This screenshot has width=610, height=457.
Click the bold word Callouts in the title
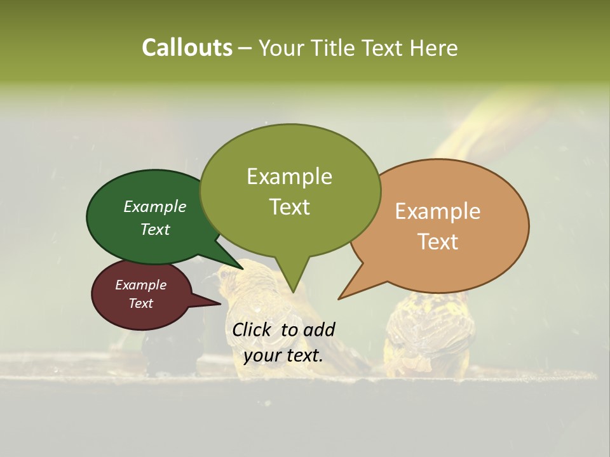coord(187,48)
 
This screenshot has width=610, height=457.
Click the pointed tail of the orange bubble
coord(341,298)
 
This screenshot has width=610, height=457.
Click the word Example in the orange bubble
coord(438,211)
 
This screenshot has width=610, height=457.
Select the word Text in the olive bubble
coord(290,207)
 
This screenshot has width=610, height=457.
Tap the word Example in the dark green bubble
coord(155,207)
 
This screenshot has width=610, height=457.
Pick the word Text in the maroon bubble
coord(141,303)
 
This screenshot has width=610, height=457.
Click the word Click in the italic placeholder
coord(253,329)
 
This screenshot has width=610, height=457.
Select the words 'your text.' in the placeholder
coord(283,355)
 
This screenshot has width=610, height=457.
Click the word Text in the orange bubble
coord(438,242)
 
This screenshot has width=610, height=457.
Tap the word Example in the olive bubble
coord(290,176)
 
